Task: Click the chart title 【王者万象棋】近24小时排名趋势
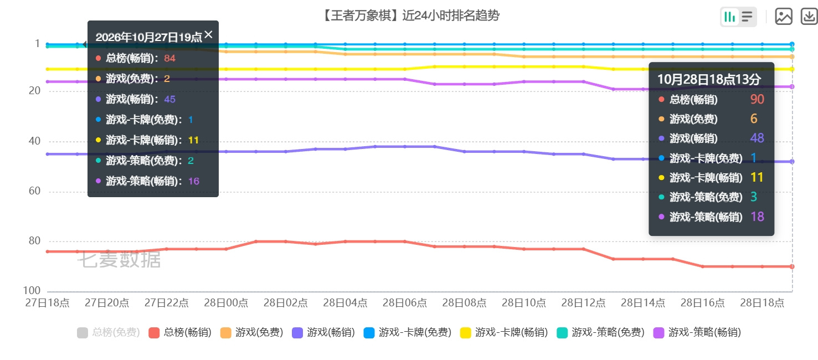(411, 16)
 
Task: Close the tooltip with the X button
(209, 35)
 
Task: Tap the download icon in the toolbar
(809, 17)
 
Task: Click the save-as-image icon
(784, 17)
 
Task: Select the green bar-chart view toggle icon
(729, 17)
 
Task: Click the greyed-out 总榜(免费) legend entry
(109, 332)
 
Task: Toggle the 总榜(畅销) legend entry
(180, 332)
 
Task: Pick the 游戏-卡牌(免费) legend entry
(408, 332)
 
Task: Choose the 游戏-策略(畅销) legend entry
(697, 332)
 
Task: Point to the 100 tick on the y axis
(32, 291)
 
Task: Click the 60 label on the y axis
(35, 191)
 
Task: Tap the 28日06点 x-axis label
(405, 303)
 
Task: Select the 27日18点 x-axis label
(47, 303)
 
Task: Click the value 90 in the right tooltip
(757, 99)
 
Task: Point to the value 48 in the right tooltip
(757, 138)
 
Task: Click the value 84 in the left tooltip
(170, 58)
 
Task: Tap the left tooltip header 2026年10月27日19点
(148, 37)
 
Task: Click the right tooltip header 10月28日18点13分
(709, 79)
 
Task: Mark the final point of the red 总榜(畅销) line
(792, 266)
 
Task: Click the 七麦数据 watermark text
(120, 260)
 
